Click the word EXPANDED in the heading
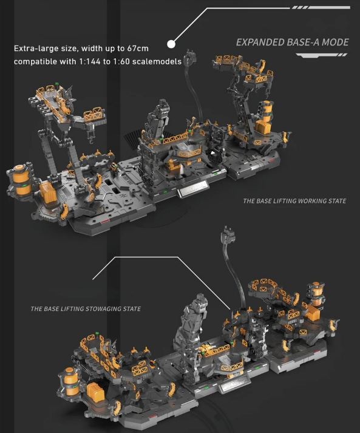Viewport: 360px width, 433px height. pyautogui.click(x=260, y=43)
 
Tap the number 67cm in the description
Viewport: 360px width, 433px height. pyautogui.click(x=138, y=49)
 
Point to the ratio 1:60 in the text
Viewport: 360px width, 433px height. pyautogui.click(x=121, y=61)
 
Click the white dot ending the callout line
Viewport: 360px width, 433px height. pyautogui.click(x=171, y=44)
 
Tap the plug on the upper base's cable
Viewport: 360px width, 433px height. pyautogui.click(x=191, y=56)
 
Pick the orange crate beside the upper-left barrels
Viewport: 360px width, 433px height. pyautogui.click(x=48, y=193)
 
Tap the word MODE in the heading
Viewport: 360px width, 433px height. pyautogui.click(x=335, y=43)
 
